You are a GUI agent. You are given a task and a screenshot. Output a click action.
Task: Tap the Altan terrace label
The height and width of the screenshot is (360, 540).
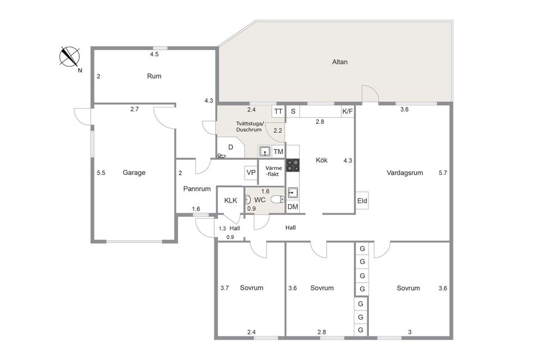pyautogui.click(x=340, y=62)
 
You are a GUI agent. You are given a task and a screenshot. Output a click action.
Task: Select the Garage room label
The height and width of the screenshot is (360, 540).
pyautogui.click(x=134, y=173)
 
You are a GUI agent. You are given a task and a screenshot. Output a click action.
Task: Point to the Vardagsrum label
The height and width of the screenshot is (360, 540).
pyautogui.click(x=404, y=173)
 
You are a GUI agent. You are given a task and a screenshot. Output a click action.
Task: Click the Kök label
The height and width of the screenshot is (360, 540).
pyautogui.click(x=322, y=160)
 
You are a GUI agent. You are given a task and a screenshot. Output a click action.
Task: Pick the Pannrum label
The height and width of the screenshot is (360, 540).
pyautogui.click(x=197, y=189)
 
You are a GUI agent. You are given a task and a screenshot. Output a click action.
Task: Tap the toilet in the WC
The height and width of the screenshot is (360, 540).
pyautogui.click(x=277, y=200)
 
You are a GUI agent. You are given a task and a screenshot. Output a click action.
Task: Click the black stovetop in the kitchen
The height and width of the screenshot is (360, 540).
pyautogui.click(x=292, y=165)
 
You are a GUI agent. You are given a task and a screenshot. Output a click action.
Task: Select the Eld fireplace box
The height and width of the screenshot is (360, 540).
pyautogui.click(x=362, y=200)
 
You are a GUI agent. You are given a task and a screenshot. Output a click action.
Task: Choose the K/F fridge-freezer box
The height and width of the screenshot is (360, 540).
pyautogui.click(x=348, y=111)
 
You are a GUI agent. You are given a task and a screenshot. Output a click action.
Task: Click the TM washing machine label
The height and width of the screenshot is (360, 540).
pyautogui.click(x=278, y=151)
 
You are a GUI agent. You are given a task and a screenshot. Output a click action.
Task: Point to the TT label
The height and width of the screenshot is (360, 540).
pyautogui.click(x=278, y=111)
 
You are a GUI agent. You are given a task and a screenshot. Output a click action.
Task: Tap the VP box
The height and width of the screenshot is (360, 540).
pyautogui.click(x=251, y=173)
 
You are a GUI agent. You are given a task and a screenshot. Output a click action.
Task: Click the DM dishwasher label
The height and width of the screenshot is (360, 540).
pyautogui.click(x=292, y=206)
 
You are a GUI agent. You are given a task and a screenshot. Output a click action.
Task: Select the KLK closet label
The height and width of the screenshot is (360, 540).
pyautogui.click(x=231, y=200)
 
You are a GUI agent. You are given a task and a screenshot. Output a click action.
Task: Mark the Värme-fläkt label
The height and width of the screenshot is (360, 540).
pyautogui.click(x=273, y=171)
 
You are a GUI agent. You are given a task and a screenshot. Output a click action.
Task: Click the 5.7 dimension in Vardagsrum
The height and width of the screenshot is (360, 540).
pyautogui.click(x=443, y=173)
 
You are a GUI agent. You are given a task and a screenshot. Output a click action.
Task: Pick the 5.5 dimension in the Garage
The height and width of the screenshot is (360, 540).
pyautogui.click(x=101, y=173)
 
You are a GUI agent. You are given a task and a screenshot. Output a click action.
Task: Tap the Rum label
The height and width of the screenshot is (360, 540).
pyautogui.click(x=154, y=76)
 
